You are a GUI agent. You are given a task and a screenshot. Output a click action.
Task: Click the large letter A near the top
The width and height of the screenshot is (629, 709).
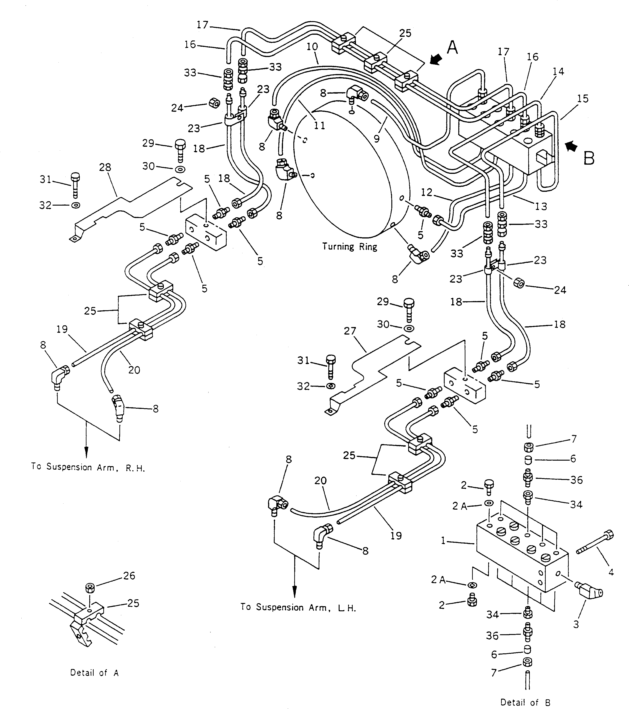(452, 48)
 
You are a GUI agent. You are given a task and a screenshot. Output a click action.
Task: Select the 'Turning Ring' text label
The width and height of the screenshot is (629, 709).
(349, 247)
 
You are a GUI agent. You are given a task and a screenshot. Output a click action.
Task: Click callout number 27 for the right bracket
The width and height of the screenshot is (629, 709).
(350, 331)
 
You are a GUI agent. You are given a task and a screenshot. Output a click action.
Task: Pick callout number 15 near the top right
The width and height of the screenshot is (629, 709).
(583, 99)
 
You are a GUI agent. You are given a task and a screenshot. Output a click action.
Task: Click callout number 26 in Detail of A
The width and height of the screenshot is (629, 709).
(129, 576)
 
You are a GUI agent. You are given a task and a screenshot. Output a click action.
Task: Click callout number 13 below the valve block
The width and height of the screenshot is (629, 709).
(540, 206)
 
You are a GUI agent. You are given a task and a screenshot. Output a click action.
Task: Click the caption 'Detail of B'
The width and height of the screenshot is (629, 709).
(525, 702)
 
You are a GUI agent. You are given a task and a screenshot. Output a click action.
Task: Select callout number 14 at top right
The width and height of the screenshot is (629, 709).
(558, 72)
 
